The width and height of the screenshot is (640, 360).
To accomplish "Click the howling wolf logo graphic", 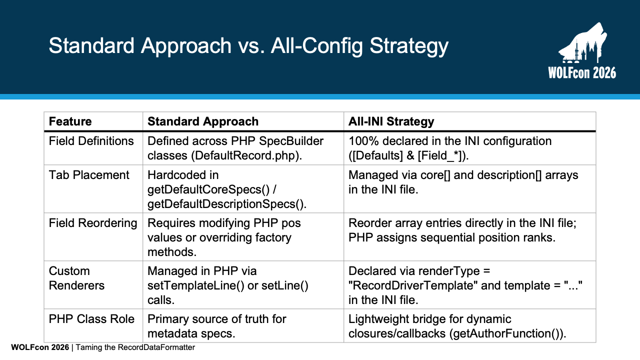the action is (583, 43).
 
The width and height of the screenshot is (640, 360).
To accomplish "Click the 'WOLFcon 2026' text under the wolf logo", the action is (582, 72).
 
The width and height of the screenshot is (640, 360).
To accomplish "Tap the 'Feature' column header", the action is (70, 121).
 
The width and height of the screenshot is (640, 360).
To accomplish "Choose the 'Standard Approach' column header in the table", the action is (203, 121).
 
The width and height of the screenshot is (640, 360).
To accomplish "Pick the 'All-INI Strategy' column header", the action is (391, 121).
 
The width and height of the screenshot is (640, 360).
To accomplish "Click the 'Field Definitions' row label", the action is (91, 141).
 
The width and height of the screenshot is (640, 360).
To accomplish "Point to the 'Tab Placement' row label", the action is (89, 175).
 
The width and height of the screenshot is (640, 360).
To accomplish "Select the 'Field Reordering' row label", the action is (93, 223).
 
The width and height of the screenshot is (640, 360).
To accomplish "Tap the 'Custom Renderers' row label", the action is (76, 278).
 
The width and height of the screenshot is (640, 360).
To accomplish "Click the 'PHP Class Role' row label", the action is (91, 319).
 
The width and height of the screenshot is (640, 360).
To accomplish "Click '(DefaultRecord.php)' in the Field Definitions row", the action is (246, 155).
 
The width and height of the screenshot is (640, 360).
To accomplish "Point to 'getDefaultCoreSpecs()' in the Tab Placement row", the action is (208, 189).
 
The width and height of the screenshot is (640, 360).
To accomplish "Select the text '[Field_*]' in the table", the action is (441, 156).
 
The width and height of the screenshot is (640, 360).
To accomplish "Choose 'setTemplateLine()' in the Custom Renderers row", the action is (195, 285).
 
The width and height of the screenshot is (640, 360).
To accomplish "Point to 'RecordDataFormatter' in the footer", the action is (156, 347).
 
